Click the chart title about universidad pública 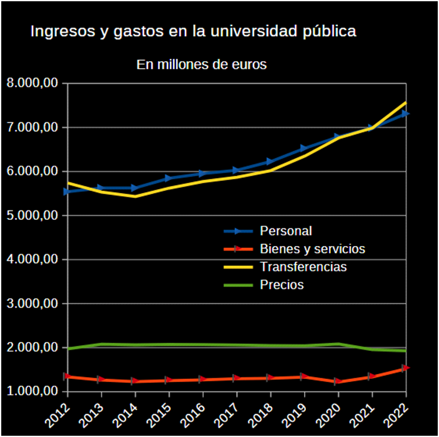coord(193,31)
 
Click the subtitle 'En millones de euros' coord(201,64)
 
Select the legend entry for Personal coord(285,231)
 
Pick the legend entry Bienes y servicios coord(312,248)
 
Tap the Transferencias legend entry coord(303,267)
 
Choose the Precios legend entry coord(282,285)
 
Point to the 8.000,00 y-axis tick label coord(32,83)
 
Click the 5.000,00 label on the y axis coord(32,215)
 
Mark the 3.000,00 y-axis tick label coord(32,303)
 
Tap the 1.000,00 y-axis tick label coord(32,391)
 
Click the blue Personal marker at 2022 coord(406,113)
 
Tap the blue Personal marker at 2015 coord(169,179)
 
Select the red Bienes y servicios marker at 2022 coord(406,368)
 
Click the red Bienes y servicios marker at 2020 coord(338,381)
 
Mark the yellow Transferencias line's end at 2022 coord(406,102)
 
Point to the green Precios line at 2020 coord(338,344)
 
